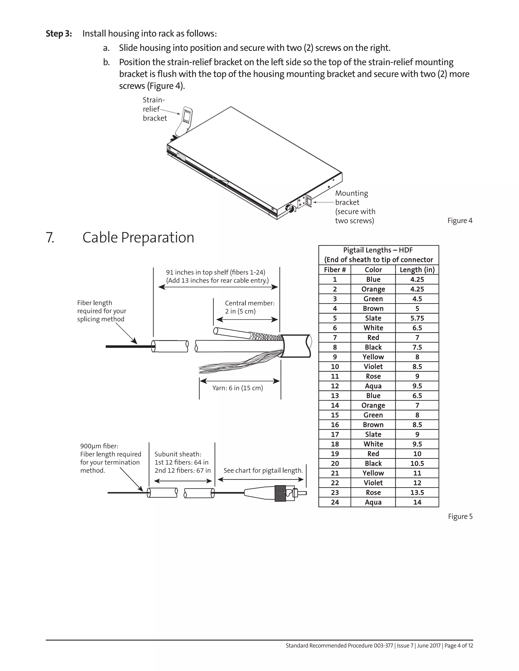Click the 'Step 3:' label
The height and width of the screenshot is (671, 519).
click(59, 33)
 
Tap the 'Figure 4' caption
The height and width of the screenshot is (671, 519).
click(460, 221)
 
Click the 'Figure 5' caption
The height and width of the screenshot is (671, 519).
click(460, 517)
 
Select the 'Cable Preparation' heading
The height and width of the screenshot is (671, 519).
click(138, 238)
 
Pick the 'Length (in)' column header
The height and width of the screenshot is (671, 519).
click(417, 270)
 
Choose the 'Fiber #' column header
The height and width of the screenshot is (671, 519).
click(335, 270)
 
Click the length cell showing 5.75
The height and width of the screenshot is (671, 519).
click(417, 318)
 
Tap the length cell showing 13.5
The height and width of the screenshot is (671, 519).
click(417, 492)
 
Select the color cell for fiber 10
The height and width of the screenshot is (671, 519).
click(373, 367)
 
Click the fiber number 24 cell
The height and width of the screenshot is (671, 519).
click(335, 502)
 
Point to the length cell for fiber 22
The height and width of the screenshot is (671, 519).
click(417, 483)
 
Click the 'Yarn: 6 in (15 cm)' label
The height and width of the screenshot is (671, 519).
click(237, 388)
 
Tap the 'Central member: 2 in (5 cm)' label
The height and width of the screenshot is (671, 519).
click(249, 307)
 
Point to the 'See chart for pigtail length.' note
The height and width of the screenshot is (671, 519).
click(263, 470)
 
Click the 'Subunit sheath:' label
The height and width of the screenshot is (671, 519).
click(178, 454)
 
